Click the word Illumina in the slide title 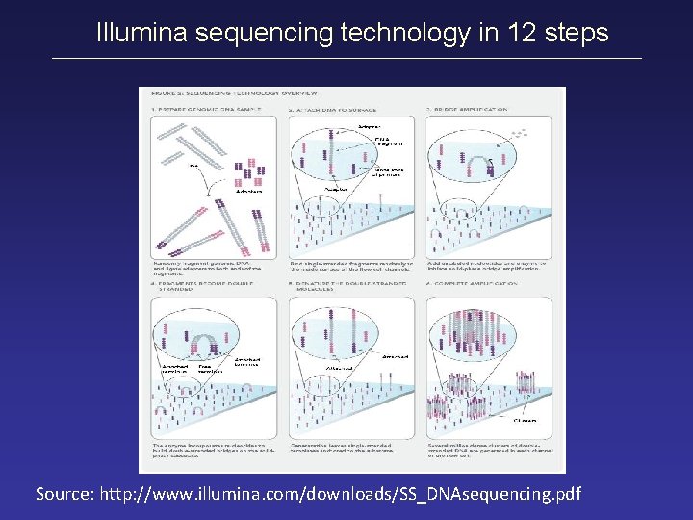142,34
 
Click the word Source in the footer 64,494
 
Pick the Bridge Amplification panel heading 472,111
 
